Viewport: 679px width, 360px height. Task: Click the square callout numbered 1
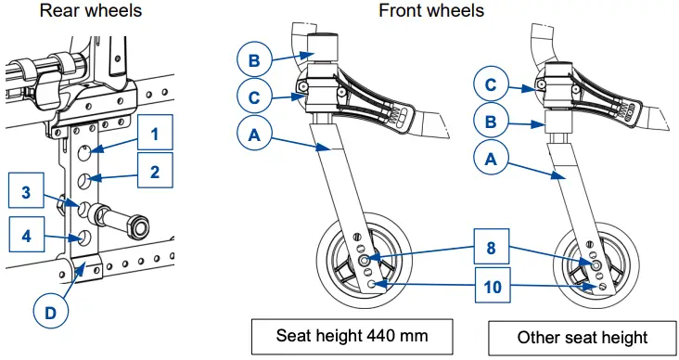(155, 133)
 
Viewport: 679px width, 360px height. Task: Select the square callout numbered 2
(155, 170)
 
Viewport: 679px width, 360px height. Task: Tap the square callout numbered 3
(26, 190)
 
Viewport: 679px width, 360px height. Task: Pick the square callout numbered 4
(26, 234)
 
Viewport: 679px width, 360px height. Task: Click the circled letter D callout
(51, 311)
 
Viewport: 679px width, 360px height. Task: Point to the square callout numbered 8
(491, 247)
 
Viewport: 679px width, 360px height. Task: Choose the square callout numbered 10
(493, 285)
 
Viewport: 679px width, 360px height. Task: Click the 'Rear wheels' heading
(91, 10)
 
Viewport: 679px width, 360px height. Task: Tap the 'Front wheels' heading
(431, 10)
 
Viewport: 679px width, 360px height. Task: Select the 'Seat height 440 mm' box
(352, 337)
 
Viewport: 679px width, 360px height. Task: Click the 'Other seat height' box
(583, 338)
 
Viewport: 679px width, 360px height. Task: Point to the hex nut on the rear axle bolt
(138, 225)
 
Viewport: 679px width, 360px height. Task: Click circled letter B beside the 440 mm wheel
(254, 59)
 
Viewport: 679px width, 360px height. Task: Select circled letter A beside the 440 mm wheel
(254, 135)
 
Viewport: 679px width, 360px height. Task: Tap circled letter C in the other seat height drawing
(491, 84)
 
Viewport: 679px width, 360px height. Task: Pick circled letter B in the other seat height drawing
(491, 121)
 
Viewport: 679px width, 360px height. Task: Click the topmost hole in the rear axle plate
(85, 151)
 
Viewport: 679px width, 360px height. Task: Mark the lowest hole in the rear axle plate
(84, 237)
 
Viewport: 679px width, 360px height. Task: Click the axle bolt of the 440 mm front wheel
(365, 260)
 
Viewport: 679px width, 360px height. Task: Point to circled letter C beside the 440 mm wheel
(254, 96)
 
